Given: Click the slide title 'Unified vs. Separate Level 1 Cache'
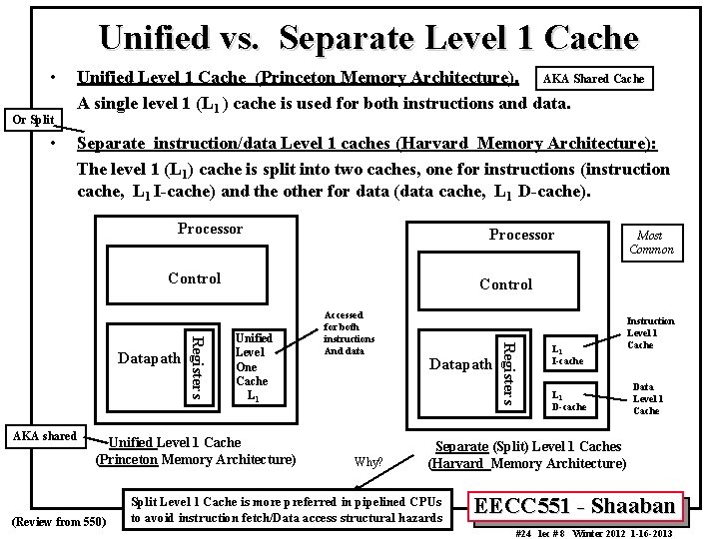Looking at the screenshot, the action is coord(368,38).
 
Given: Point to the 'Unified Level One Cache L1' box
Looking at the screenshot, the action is coord(252,365).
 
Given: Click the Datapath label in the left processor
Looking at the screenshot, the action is coord(149,358).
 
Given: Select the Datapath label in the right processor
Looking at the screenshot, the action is coord(459,364).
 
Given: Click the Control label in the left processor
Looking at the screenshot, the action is coord(194,277).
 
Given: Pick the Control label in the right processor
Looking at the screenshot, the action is coord(505,284).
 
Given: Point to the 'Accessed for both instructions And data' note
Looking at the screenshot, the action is coord(350,332).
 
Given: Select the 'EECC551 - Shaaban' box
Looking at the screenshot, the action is coord(580,505).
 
